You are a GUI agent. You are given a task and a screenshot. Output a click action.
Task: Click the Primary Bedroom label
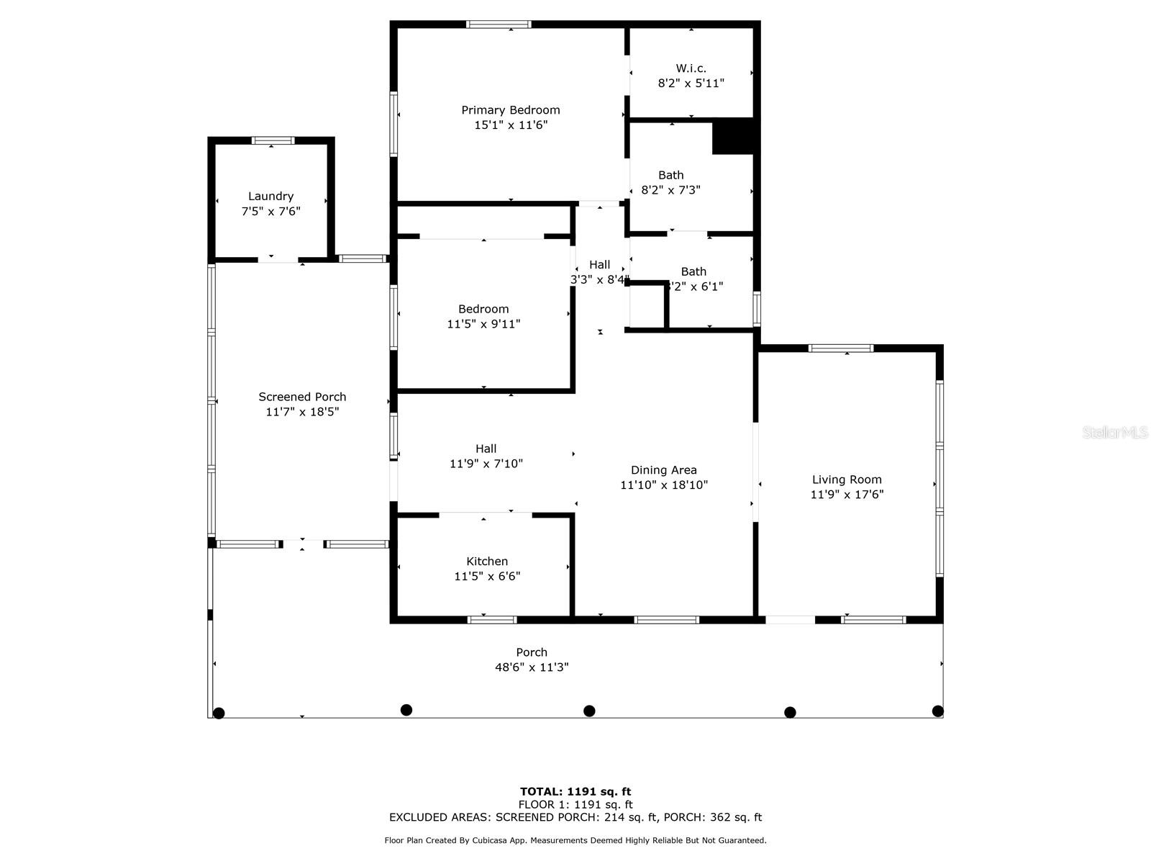click(x=510, y=110)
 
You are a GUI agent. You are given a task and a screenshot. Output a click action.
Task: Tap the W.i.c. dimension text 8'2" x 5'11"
click(x=691, y=83)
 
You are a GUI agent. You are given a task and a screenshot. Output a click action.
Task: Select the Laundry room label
click(x=270, y=196)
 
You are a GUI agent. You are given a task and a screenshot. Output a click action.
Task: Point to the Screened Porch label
click(x=302, y=397)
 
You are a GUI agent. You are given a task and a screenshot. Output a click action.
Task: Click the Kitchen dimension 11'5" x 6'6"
click(x=487, y=576)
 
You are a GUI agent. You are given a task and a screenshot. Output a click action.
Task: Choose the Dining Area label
click(x=663, y=470)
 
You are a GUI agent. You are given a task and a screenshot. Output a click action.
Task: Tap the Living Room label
click(x=847, y=480)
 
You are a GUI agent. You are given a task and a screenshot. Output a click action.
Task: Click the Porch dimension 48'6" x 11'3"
click(x=532, y=667)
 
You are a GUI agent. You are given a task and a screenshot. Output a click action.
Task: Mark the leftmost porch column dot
click(x=219, y=713)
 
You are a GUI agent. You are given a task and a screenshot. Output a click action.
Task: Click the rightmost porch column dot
click(x=937, y=711)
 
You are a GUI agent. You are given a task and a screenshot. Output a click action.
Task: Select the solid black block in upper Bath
click(x=733, y=137)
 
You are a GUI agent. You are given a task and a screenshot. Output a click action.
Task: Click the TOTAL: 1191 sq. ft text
click(x=575, y=792)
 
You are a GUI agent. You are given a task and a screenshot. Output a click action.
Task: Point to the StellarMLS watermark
click(x=1114, y=433)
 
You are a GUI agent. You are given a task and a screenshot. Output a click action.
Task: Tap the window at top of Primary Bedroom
click(x=499, y=24)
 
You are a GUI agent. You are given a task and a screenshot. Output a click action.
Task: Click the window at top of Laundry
click(x=273, y=140)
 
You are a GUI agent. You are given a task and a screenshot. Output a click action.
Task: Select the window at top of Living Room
click(x=840, y=348)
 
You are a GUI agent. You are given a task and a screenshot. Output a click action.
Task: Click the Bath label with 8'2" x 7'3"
click(x=670, y=175)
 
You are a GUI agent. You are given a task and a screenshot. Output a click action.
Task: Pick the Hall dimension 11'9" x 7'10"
click(x=486, y=464)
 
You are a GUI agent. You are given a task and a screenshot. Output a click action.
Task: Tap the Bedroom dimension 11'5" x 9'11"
click(x=483, y=324)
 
